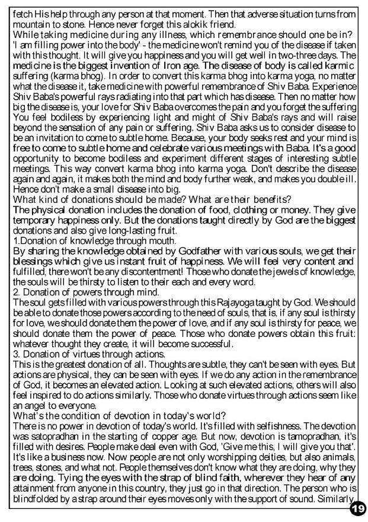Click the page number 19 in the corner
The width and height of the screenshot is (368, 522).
tap(357, 508)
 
